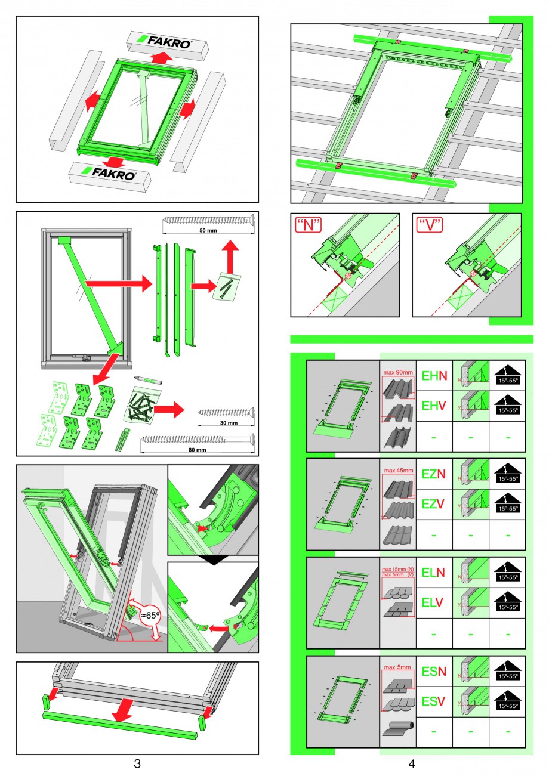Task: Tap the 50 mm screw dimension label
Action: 207,230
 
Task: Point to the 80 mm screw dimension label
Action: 196,451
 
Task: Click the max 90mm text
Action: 398,373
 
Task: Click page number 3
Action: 137,763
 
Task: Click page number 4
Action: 412,763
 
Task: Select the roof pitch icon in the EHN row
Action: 507,376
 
